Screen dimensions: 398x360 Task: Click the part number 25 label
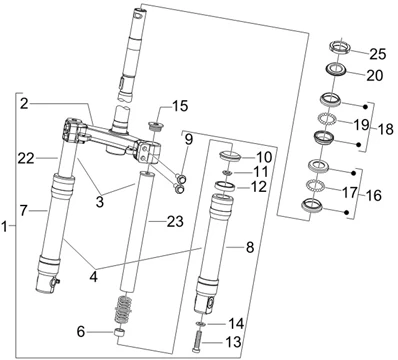(x=378, y=54)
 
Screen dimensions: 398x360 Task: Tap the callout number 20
(x=375, y=76)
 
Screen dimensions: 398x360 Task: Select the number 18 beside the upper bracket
(x=386, y=129)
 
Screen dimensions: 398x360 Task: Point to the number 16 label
(x=373, y=195)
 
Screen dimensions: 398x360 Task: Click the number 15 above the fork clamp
(x=180, y=106)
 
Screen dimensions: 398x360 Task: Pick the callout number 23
(x=175, y=221)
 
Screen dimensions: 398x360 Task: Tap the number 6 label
(x=81, y=332)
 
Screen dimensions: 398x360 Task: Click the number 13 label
(x=233, y=342)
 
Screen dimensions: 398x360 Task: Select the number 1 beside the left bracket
(x=4, y=227)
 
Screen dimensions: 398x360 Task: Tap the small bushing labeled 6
(x=120, y=333)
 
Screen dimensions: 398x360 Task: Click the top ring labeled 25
(x=340, y=46)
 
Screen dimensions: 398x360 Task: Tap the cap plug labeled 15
(x=155, y=126)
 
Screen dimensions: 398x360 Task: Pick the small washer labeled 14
(x=200, y=323)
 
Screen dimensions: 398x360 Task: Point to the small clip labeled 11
(x=227, y=172)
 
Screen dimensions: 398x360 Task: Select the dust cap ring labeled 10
(x=230, y=156)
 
